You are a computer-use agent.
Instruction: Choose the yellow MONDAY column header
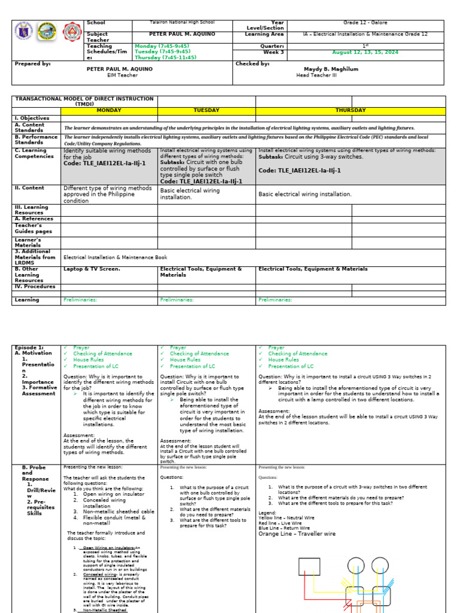tap(109, 110)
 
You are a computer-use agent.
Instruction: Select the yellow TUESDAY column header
tap(206, 110)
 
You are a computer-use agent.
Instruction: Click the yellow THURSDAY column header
tap(350, 110)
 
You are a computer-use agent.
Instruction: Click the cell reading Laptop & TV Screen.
tap(92, 269)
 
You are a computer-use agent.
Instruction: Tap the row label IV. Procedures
tap(35, 286)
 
